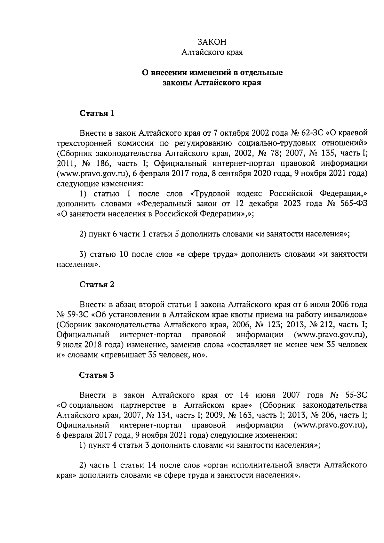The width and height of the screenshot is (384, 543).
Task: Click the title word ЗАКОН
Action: click(x=212, y=42)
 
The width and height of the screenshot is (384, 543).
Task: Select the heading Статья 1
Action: click(x=97, y=114)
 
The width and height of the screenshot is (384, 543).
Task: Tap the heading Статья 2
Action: click(x=97, y=284)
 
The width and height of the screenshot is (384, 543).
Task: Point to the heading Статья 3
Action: click(x=97, y=375)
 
